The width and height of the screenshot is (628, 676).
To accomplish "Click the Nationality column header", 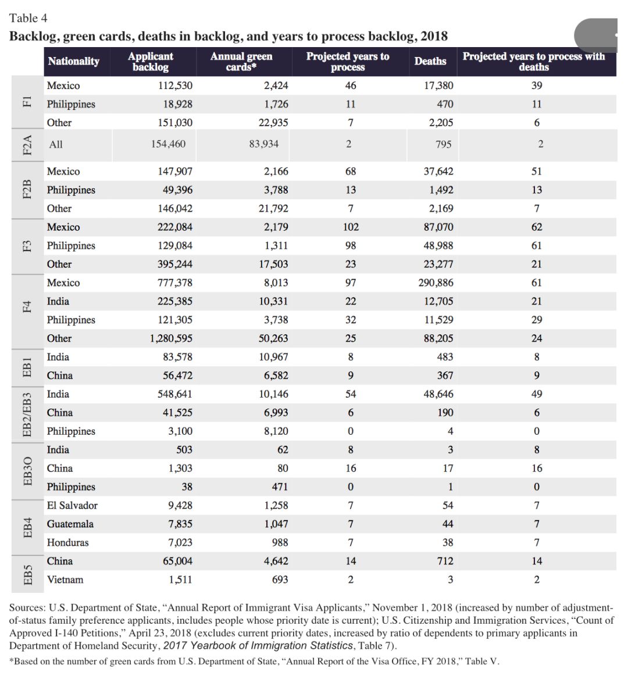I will (x=73, y=61).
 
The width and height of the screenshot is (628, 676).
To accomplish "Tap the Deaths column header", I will (x=430, y=61).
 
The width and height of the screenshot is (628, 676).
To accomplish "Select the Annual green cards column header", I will (x=241, y=61).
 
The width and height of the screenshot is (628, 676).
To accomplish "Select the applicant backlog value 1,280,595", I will (x=170, y=338).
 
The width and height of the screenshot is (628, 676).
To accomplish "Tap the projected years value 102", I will (x=351, y=227).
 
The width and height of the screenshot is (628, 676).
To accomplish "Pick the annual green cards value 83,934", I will (x=264, y=144).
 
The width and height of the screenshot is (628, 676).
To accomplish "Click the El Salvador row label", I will (x=72, y=506).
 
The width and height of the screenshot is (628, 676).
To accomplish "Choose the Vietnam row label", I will (x=65, y=580).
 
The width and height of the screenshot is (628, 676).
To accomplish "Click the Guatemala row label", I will (x=70, y=524).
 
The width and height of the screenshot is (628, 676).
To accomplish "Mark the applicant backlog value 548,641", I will (x=175, y=394).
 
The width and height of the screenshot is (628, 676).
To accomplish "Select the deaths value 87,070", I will (x=438, y=227).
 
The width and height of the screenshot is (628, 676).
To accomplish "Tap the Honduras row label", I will (x=68, y=543).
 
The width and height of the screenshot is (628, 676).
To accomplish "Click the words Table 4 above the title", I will (x=28, y=18).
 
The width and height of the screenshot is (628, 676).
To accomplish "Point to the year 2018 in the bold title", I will (x=434, y=36).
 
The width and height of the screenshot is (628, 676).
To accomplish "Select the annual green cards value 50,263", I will (x=273, y=338).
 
